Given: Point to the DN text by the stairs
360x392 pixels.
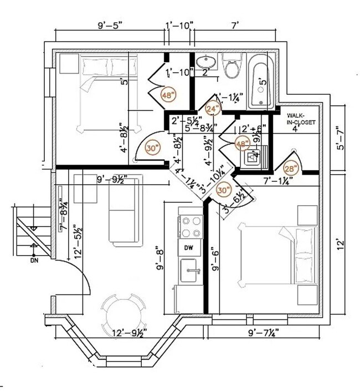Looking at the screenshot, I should pyautogui.click(x=34, y=260).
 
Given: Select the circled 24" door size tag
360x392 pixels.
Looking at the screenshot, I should pyautogui.click(x=212, y=109).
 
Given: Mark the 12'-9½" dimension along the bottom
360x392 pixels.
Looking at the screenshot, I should pyautogui.click(x=128, y=333).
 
